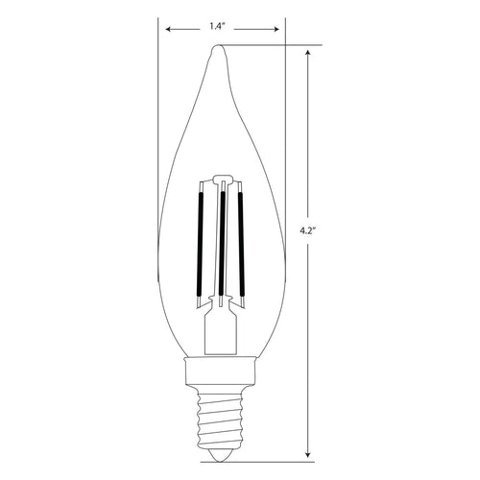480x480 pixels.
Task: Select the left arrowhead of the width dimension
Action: [164, 29]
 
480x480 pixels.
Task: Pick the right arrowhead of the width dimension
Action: [282, 29]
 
